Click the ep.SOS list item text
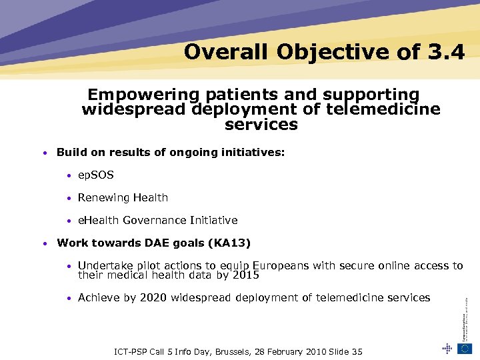tap(96, 175)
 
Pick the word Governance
tap(148, 220)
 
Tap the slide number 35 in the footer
tap(356, 351)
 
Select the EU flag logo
tap(465, 347)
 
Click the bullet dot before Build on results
tap(43, 153)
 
